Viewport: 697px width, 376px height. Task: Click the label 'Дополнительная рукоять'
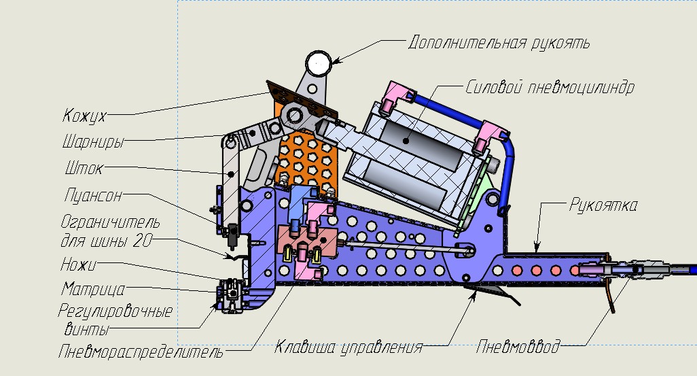pos(499,43)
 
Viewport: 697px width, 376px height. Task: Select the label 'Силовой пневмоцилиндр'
pos(550,88)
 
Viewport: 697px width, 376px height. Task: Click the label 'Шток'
pos(84,168)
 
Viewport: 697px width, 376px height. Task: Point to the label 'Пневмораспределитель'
pos(141,352)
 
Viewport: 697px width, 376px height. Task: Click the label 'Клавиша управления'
pos(348,347)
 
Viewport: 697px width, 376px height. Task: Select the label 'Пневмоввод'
pos(518,347)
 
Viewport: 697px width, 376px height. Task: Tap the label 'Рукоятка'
pos(603,205)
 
